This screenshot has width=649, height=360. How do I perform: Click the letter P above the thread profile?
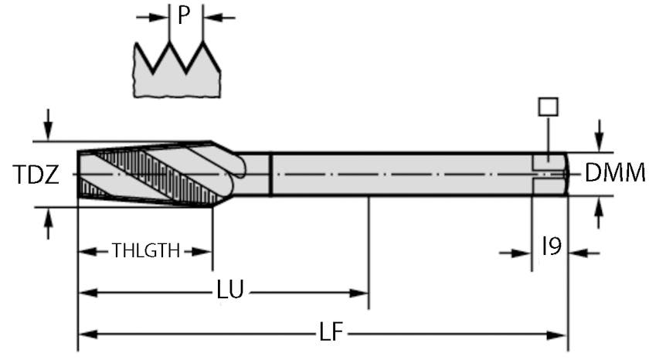[182, 15]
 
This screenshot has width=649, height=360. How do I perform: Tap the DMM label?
[614, 174]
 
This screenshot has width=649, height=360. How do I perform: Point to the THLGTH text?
[145, 251]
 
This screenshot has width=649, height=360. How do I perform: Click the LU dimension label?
[230, 291]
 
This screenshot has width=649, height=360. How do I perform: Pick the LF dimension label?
[334, 334]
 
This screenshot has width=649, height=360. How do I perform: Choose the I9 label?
[551, 247]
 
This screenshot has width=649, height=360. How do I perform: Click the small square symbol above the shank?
[548, 107]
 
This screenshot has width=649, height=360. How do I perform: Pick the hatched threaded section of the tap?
[147, 174]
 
